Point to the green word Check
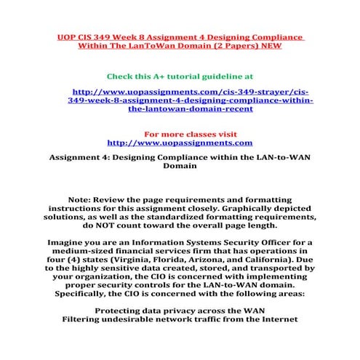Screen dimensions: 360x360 [x=121, y=76]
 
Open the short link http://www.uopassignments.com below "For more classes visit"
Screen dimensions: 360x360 [x=180, y=143]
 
